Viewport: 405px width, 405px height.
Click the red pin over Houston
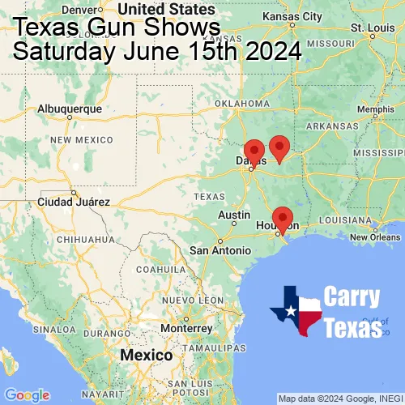(282, 218)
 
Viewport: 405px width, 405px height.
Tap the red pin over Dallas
(254, 151)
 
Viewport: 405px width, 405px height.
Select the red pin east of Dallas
(279, 147)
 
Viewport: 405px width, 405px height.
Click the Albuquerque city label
(70, 108)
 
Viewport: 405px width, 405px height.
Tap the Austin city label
(234, 215)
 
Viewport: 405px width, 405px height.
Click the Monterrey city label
(186, 328)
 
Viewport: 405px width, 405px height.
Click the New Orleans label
(374, 237)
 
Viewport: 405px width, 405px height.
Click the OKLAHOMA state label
(243, 104)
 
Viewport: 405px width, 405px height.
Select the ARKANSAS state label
(332, 126)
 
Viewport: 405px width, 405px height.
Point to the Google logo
(27, 394)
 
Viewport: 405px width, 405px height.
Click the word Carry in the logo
(352, 297)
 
